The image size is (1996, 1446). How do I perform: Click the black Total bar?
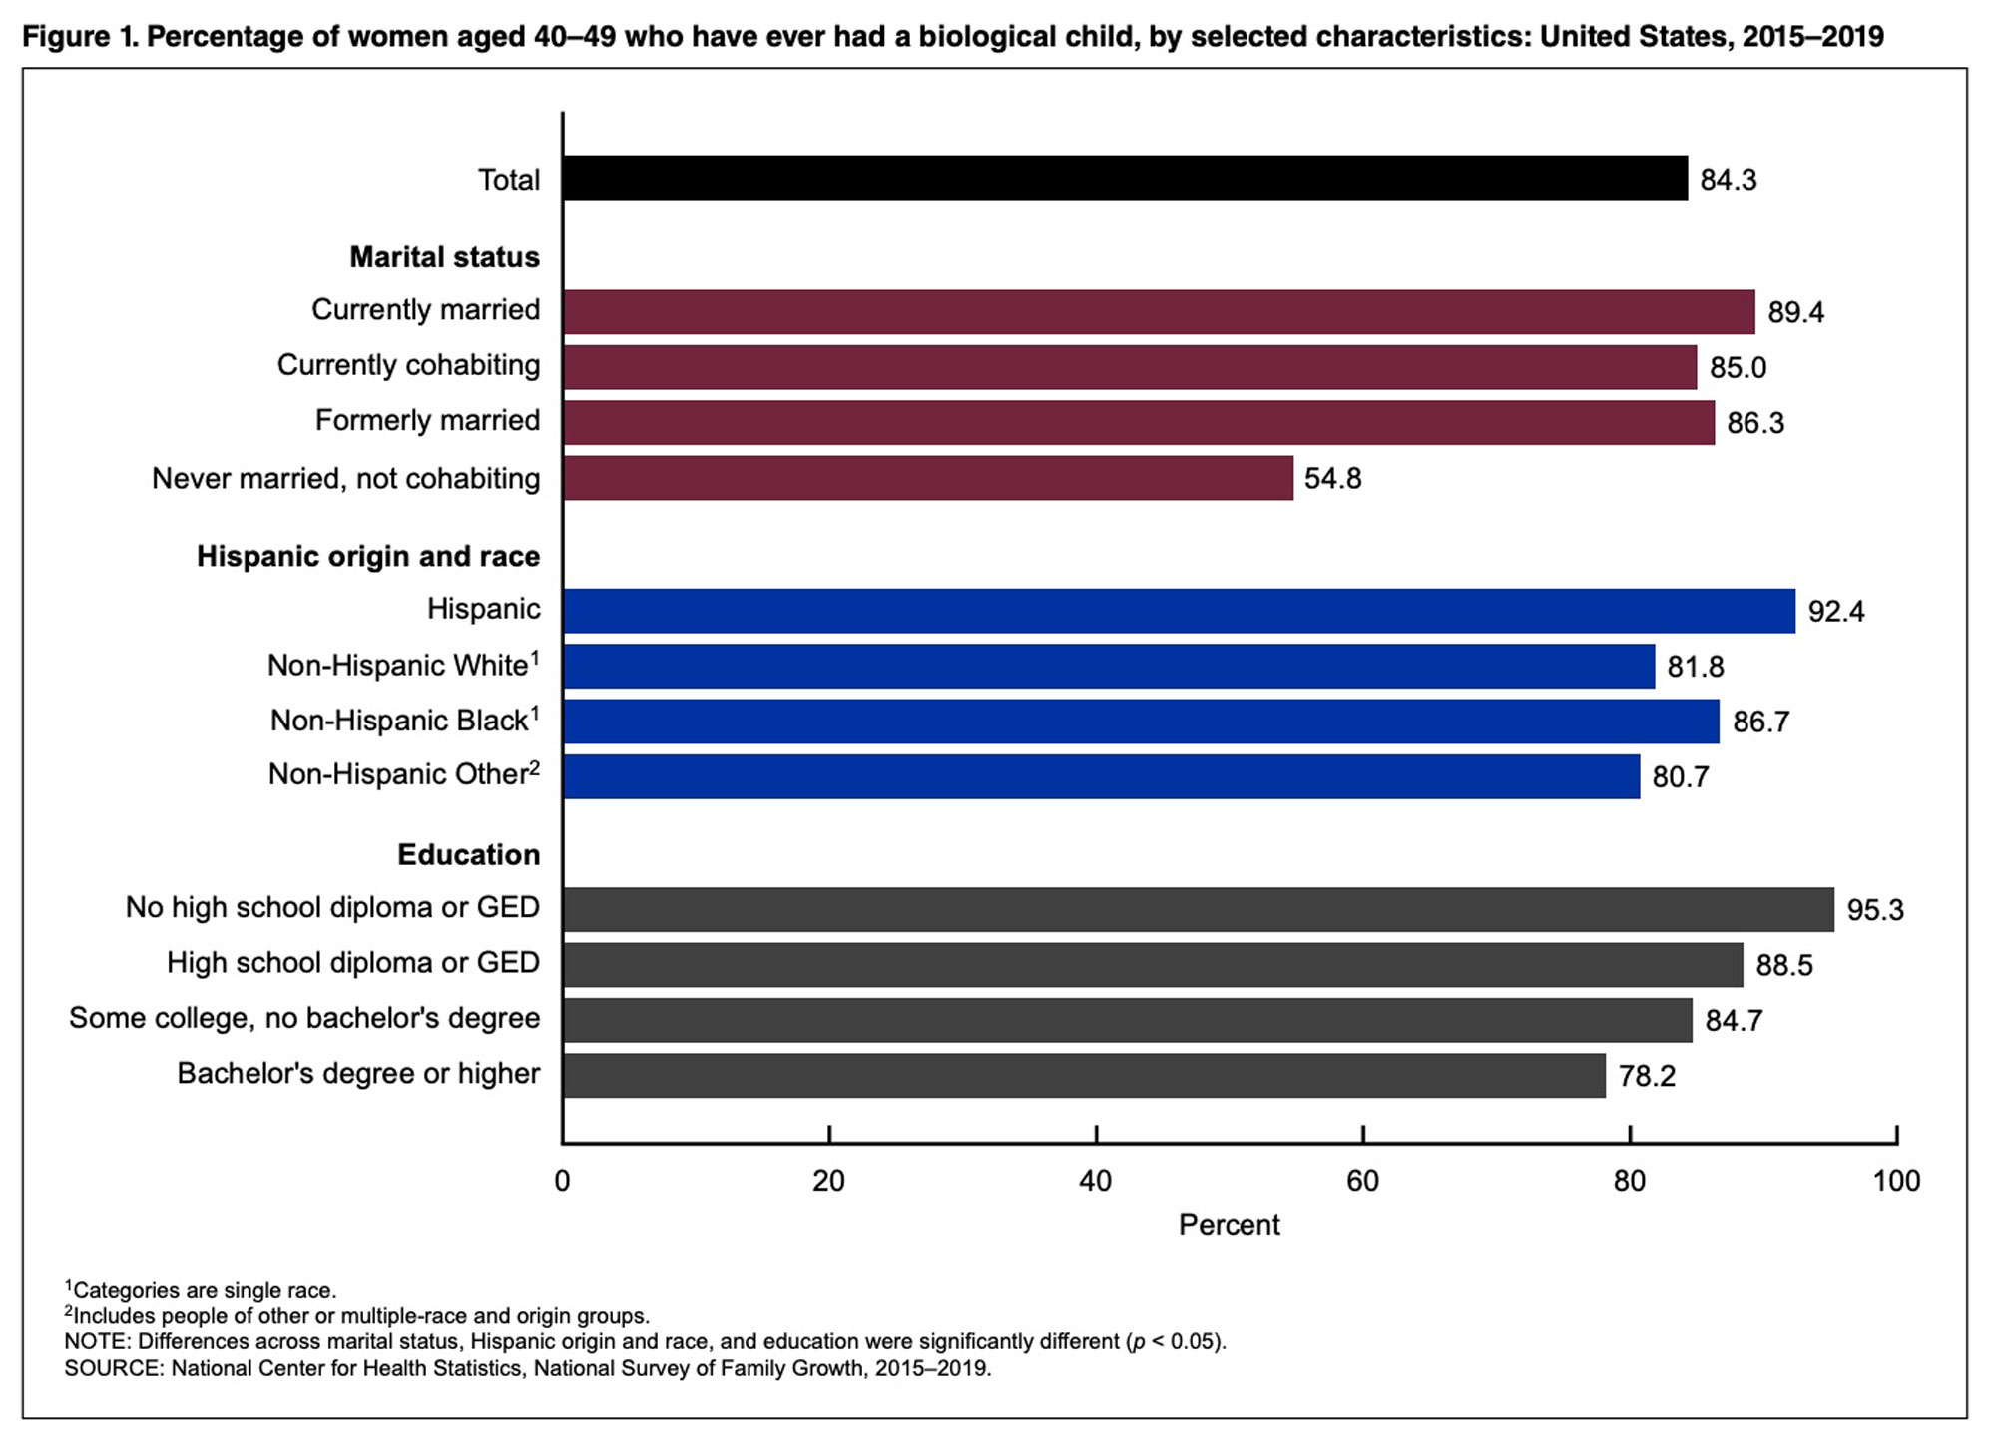tap(1125, 178)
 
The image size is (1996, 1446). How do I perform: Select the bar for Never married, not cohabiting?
tap(928, 478)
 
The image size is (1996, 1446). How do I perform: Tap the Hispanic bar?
tap(1179, 611)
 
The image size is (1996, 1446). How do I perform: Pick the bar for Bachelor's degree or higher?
tap(1084, 1075)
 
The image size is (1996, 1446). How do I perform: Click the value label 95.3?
tap(1874, 910)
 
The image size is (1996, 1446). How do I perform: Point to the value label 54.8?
tap(1332, 479)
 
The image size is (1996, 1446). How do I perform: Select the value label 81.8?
tap(1695, 667)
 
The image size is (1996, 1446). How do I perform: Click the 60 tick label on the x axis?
tap(1362, 1181)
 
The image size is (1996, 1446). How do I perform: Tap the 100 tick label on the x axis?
tap(1896, 1181)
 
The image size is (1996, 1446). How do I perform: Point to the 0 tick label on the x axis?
tap(563, 1181)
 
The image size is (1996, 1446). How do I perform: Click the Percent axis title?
tap(1229, 1225)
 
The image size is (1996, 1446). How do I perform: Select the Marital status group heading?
tap(444, 257)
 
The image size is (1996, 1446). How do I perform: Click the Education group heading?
tap(468, 855)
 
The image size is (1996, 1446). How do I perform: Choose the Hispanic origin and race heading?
tap(367, 556)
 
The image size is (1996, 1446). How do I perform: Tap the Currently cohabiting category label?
tap(408, 365)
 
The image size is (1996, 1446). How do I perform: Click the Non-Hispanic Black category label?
tap(399, 721)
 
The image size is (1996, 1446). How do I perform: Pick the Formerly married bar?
tap(1139, 422)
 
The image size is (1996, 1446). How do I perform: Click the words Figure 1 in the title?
tap(80, 37)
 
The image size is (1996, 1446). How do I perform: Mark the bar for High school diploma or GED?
tap(1153, 965)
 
